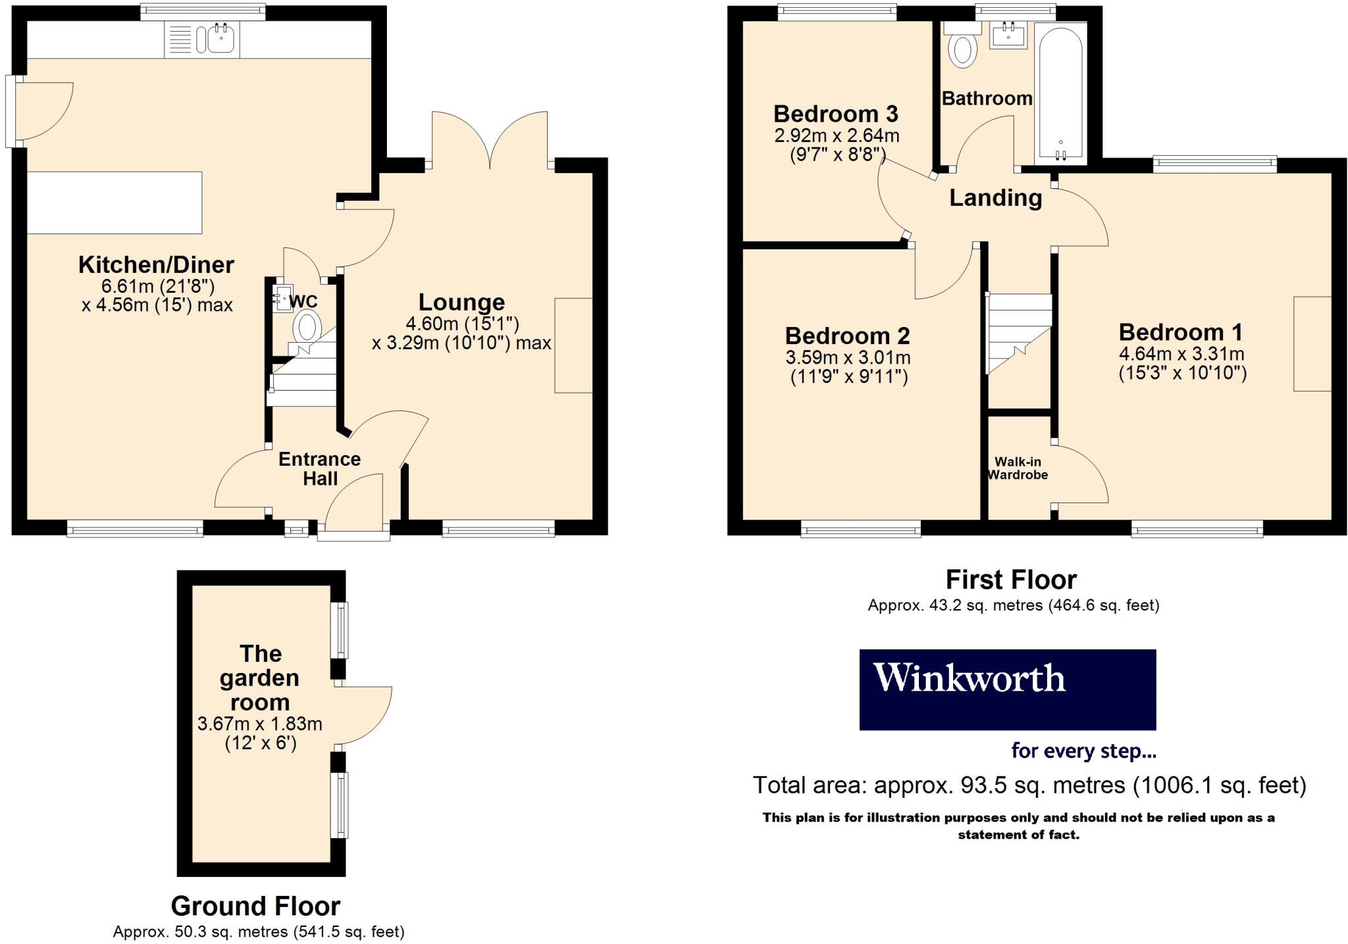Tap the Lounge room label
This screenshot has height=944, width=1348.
click(461, 302)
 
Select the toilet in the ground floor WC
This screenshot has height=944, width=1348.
click(307, 326)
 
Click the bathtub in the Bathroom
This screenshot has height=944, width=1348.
click(1060, 92)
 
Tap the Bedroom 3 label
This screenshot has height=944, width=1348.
click(835, 114)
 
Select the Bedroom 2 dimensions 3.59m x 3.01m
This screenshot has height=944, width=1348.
click(848, 358)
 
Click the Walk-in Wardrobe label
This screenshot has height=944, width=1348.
click(1018, 468)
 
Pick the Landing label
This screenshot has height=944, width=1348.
click(995, 197)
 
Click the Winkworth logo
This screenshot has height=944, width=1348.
click(1007, 689)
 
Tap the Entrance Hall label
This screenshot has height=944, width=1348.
click(320, 468)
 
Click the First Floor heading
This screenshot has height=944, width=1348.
click(1011, 580)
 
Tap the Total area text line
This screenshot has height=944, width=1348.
click(1029, 785)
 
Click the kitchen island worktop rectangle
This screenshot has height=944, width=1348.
click(115, 203)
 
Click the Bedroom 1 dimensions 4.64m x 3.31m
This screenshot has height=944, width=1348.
click(1181, 354)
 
